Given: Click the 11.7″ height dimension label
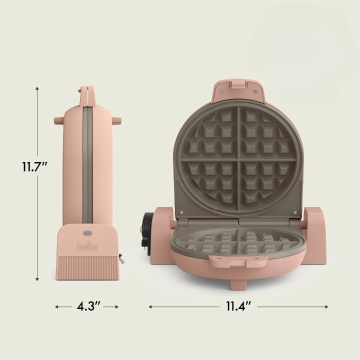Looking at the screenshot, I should pos(34,166).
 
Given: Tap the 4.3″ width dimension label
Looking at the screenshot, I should pos(86,306).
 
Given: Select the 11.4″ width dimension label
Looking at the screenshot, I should pos(238,306).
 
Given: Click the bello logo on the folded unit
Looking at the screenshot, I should pos(87,246).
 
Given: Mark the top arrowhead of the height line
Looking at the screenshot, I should pos(37,88).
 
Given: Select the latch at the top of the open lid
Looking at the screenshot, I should pos(237,86).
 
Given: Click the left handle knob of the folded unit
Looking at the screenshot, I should pos(58,120).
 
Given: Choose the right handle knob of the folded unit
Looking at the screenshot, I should pos(117,120).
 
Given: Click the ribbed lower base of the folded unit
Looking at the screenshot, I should pos(87,266).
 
